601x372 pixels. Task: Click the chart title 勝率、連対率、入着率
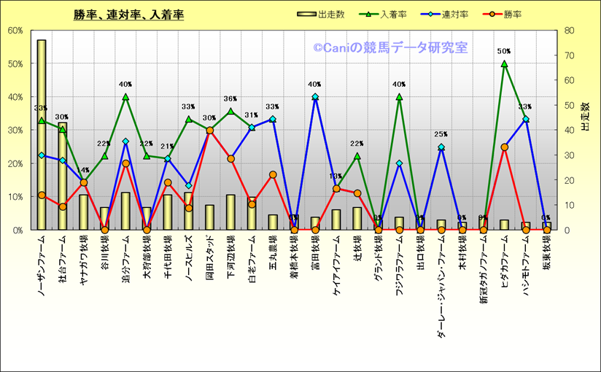point(128,15)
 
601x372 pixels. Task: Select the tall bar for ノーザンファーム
point(42,135)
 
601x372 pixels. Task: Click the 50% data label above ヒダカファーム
point(504,52)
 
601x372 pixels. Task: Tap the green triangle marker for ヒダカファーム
point(504,63)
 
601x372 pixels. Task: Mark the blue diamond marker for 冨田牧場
point(315,97)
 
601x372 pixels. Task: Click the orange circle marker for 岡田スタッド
point(209,131)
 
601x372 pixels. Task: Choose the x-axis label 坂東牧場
point(546,252)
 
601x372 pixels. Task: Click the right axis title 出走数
point(585,117)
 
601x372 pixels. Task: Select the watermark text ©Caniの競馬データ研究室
point(390,48)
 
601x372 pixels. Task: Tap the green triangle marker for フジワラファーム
point(399,97)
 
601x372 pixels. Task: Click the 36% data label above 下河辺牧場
point(230,99)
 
